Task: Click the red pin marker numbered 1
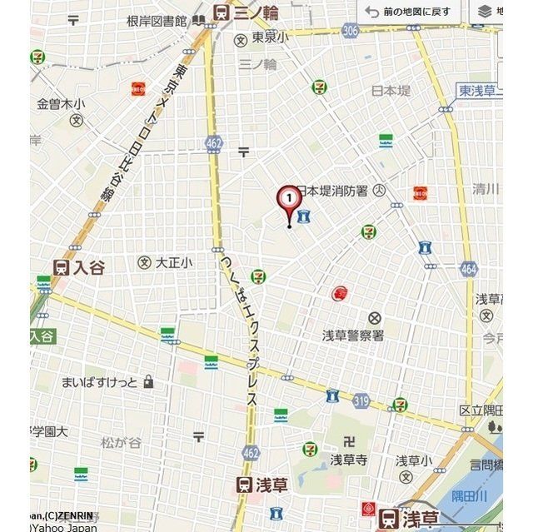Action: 288,199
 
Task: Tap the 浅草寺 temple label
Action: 348,459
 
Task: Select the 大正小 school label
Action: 173,262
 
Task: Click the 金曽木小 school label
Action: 61,104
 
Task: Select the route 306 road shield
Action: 350,30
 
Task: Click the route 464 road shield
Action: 468,268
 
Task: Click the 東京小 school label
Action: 270,37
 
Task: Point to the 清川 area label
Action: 485,188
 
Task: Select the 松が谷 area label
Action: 121,442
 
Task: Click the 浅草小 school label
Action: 413,460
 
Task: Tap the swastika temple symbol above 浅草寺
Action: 349,440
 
